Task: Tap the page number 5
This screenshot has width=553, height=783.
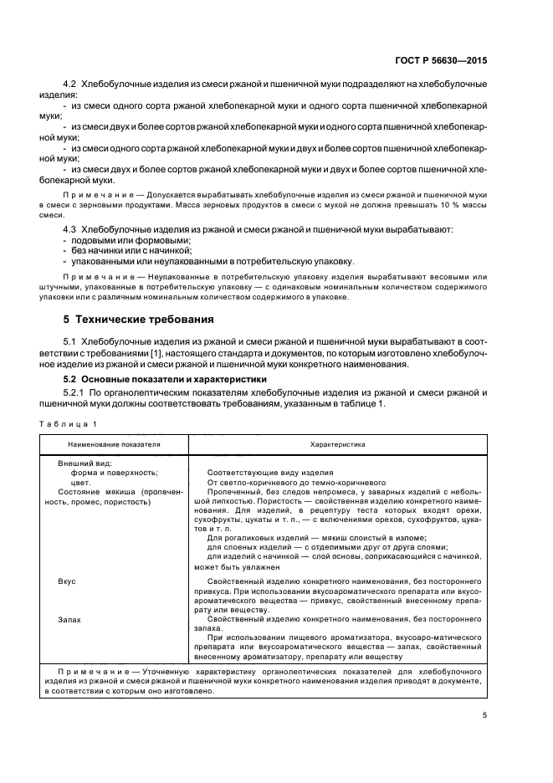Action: pos(484,715)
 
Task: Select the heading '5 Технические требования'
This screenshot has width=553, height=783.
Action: pos(132,319)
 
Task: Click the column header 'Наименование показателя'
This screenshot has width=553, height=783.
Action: pos(115,445)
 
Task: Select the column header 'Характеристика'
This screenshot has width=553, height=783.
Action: pos(336,445)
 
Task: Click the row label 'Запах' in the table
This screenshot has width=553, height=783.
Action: pos(69,620)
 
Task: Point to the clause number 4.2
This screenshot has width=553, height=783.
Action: pos(70,85)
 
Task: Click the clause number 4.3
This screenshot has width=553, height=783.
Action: pos(70,228)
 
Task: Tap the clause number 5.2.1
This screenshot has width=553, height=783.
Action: pos(75,392)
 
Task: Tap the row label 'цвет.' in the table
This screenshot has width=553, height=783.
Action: pos(81,483)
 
